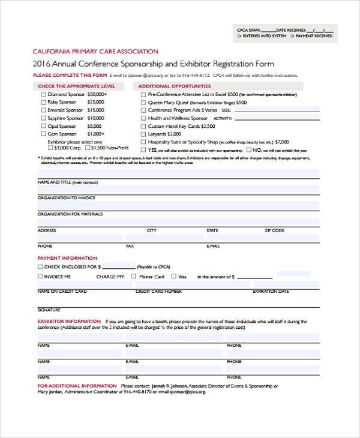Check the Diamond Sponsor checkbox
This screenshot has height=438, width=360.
42,94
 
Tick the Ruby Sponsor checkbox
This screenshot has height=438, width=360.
42,102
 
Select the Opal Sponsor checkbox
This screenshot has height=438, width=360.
42,127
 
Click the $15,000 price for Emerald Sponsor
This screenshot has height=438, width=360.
95,110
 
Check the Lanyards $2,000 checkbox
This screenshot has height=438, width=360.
142,134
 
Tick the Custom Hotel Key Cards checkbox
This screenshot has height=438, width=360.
142,127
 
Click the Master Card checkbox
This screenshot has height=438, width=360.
133,277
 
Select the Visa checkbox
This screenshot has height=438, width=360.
173,277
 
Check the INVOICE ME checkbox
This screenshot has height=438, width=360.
40,277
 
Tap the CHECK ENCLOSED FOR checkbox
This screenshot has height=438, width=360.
40,266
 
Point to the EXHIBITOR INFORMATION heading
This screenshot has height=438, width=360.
69,322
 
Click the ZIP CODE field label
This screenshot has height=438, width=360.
274,230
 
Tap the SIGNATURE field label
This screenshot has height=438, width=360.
49,310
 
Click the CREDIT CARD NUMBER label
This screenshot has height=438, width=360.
158,291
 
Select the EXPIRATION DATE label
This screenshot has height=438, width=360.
271,291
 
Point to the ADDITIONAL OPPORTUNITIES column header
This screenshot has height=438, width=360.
175,86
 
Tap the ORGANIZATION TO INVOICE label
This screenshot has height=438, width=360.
66,197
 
